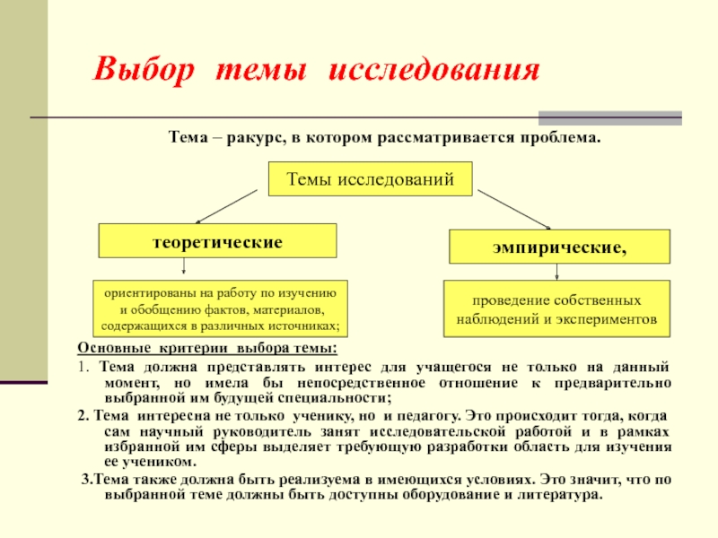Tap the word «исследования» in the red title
(x=434, y=70)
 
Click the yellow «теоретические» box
(x=217, y=241)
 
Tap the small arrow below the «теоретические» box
(x=185, y=267)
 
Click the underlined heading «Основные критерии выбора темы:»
(x=207, y=349)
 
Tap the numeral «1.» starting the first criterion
(x=83, y=368)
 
